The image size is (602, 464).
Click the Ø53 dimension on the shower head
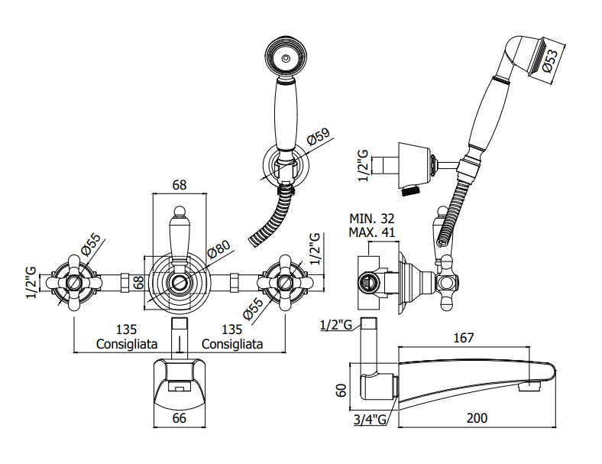[551, 62]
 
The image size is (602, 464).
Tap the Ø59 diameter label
[319, 137]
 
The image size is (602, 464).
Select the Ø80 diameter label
[218, 250]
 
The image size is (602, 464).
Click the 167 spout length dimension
[464, 338]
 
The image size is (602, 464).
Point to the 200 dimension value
[477, 418]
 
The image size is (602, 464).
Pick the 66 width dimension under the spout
[180, 418]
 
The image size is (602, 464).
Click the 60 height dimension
[341, 391]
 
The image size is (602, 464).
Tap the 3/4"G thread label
[370, 420]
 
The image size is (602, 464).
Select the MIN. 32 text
[371, 219]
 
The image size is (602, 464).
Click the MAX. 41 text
[371, 232]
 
